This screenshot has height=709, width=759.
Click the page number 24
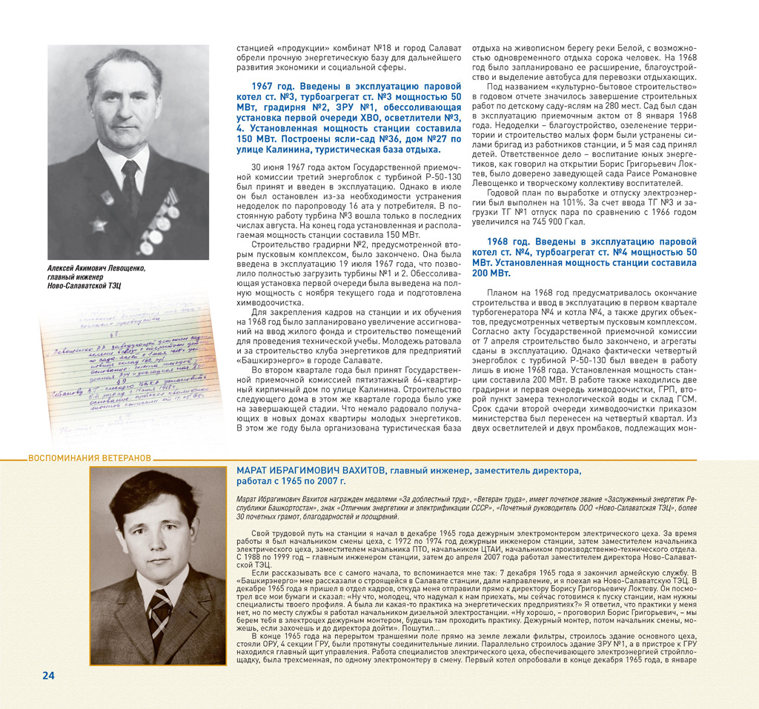[x=48, y=675]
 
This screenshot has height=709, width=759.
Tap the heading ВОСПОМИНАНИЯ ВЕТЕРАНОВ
[x=89, y=458]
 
